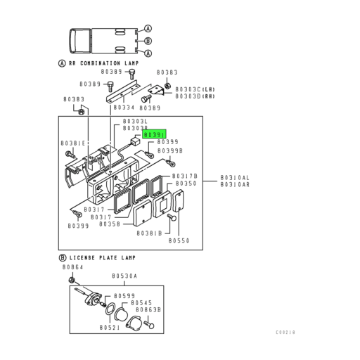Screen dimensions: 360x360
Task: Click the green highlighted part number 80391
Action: (x=154, y=134)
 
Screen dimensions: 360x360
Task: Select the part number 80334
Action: (x=124, y=108)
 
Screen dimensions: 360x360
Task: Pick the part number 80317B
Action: (x=186, y=175)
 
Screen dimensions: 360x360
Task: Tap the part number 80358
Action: (x=110, y=224)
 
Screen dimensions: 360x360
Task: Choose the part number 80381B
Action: (x=150, y=232)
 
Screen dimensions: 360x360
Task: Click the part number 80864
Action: (x=72, y=268)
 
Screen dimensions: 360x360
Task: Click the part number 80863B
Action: (x=149, y=309)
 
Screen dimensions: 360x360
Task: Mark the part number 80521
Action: (x=110, y=327)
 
